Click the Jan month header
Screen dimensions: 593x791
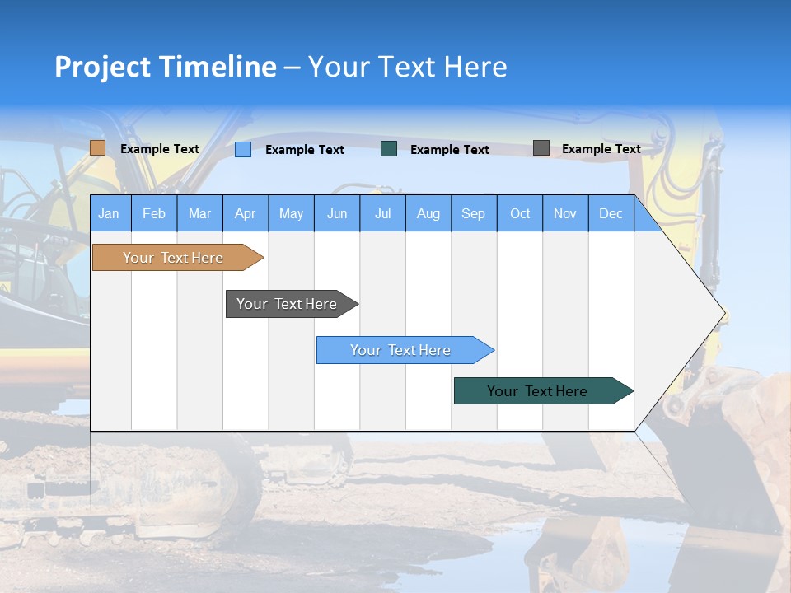[x=110, y=213]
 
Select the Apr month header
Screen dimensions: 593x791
[x=246, y=213]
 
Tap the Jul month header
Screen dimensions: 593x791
[x=382, y=213]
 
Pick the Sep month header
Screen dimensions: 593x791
[x=474, y=213]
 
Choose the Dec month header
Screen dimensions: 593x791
[x=611, y=213]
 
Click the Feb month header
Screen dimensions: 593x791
[x=154, y=213]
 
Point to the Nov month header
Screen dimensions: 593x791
[x=565, y=213]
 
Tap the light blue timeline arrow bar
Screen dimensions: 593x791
[x=401, y=350]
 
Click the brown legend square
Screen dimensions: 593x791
[x=98, y=148]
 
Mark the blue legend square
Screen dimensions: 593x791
[x=243, y=149]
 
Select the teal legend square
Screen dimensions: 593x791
[x=389, y=149]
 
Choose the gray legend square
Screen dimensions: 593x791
[x=541, y=148]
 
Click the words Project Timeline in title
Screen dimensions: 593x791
[x=165, y=67]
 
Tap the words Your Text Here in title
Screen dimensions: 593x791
[x=408, y=67]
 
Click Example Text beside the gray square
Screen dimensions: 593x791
[x=601, y=149]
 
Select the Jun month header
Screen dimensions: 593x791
[x=337, y=213]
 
